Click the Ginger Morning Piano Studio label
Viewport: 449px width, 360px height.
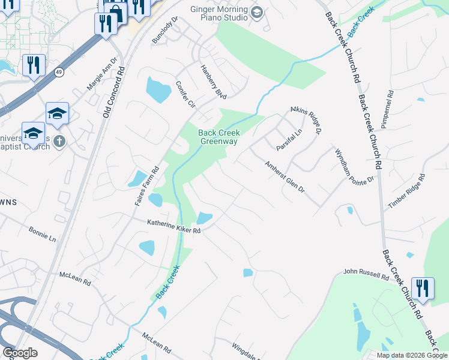click(x=218, y=13)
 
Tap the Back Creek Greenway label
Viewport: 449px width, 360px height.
click(x=219, y=137)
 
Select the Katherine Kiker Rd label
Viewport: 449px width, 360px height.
click(x=173, y=226)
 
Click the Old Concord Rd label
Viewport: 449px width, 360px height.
click(x=113, y=90)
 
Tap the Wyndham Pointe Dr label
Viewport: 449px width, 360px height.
click(x=354, y=166)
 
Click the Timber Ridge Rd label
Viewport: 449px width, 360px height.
click(x=406, y=191)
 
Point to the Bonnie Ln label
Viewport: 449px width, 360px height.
click(x=42, y=233)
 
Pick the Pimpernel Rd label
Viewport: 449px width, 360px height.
click(x=386, y=110)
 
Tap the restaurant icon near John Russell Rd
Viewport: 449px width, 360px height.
click(x=423, y=287)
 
